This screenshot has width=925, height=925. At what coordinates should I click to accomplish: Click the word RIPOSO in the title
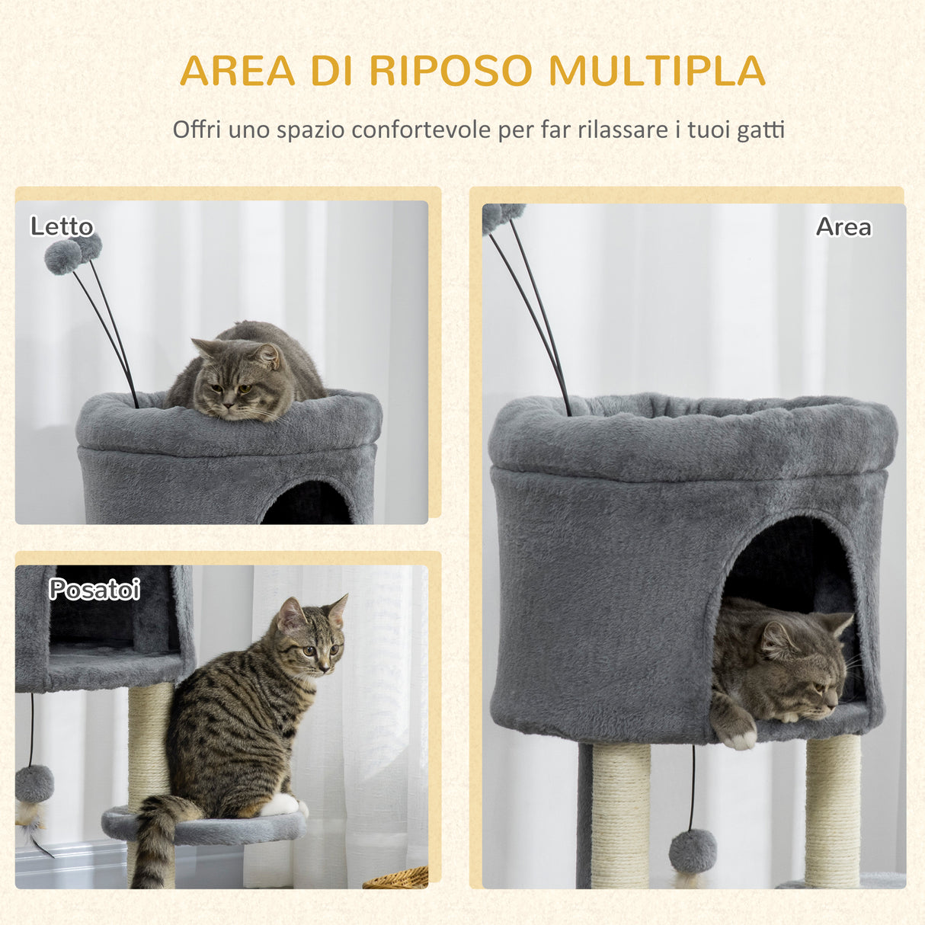click(450, 71)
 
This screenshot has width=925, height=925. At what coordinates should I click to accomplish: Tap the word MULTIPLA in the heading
click(656, 71)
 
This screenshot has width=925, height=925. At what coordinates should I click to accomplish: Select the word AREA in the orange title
click(237, 71)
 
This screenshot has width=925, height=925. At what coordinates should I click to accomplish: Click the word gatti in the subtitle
click(760, 130)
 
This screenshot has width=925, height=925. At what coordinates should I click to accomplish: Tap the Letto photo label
click(62, 226)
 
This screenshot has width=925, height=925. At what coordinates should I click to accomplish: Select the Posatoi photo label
click(94, 589)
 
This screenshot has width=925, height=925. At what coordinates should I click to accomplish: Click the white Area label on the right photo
click(843, 226)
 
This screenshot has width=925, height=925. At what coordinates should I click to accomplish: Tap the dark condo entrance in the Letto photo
click(308, 504)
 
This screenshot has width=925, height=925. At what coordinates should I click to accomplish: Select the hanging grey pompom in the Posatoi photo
click(35, 783)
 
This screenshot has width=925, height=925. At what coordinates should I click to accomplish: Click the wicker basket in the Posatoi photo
click(396, 879)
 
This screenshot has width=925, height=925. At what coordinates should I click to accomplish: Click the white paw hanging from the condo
click(738, 737)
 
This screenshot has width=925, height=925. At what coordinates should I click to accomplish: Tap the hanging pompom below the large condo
click(693, 850)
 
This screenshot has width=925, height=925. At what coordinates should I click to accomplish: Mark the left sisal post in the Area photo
click(620, 815)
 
